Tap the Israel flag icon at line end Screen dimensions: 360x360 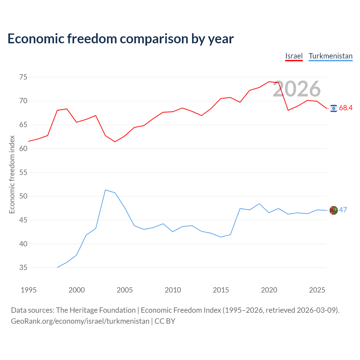334,108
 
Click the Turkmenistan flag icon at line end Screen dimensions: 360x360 334,210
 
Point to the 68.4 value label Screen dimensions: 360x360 346,108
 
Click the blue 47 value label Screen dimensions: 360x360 343,210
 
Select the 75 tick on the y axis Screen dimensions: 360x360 23,77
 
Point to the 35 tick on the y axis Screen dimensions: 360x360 23,267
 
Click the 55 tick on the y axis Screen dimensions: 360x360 23,172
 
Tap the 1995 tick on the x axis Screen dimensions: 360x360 29,290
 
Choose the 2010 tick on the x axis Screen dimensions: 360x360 173,290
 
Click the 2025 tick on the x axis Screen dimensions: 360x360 317,290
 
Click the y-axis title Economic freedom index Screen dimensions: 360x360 12,174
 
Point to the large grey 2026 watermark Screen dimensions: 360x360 297,89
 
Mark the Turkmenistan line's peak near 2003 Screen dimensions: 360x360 105,190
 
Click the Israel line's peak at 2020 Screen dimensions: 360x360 269,82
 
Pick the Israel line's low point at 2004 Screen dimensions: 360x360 115,142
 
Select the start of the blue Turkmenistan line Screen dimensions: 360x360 57,267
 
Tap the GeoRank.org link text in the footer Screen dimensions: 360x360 80,321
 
